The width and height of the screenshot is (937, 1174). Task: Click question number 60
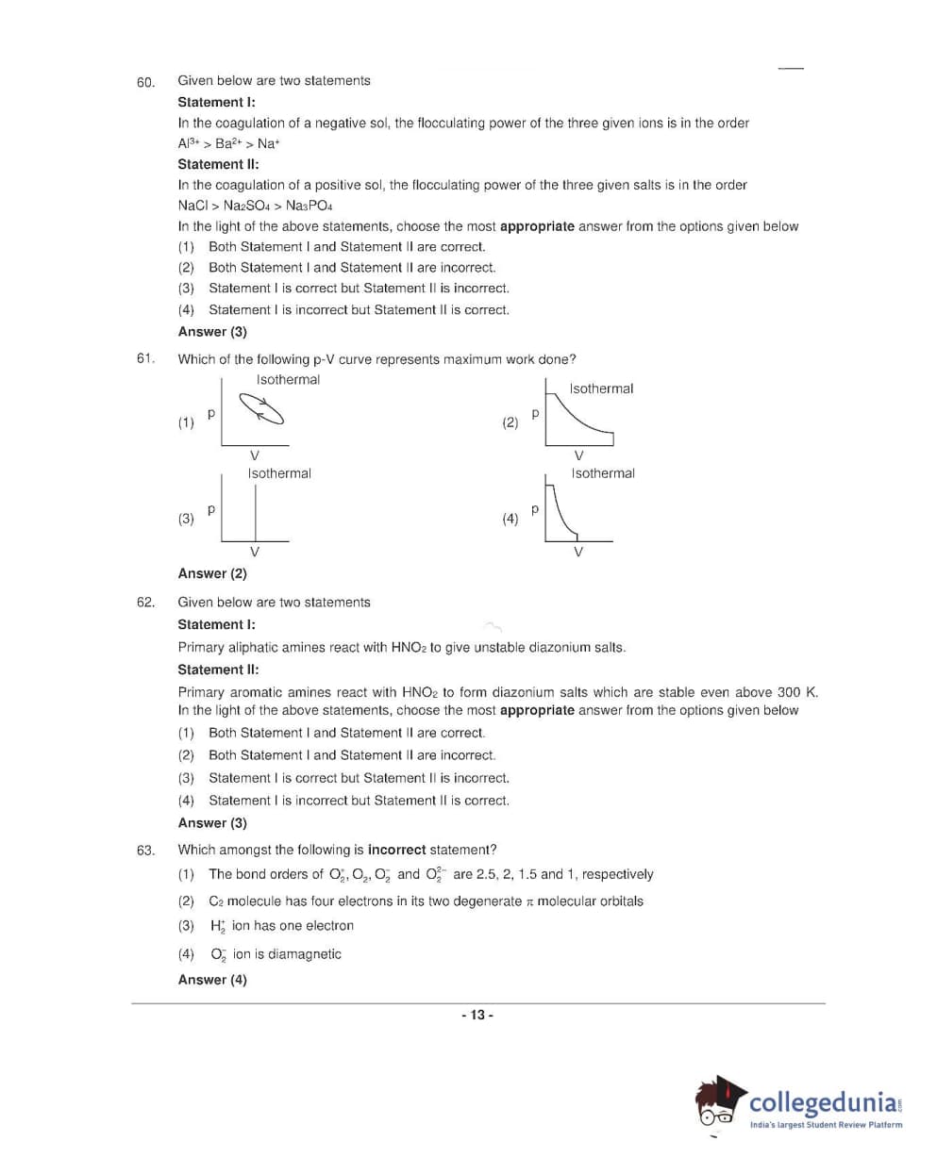145,82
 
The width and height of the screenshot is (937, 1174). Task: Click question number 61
145,358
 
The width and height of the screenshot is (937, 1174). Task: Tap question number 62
145,603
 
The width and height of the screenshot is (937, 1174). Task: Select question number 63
145,851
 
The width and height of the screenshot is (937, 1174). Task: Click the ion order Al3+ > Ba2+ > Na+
228,143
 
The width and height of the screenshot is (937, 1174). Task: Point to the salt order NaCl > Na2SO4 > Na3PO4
255,206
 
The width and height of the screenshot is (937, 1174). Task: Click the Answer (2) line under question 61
212,573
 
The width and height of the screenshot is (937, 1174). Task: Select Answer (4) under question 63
212,980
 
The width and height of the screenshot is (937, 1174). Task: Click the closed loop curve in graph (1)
261,409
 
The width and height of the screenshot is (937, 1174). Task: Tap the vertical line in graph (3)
255,514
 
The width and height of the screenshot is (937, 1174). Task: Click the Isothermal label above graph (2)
601,389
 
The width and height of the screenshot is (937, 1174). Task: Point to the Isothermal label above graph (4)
602,473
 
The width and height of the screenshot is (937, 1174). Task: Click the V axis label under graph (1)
254,456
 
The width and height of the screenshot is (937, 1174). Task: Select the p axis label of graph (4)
535,509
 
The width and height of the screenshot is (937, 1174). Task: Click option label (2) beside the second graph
510,422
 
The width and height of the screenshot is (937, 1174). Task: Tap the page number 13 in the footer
477,1015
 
